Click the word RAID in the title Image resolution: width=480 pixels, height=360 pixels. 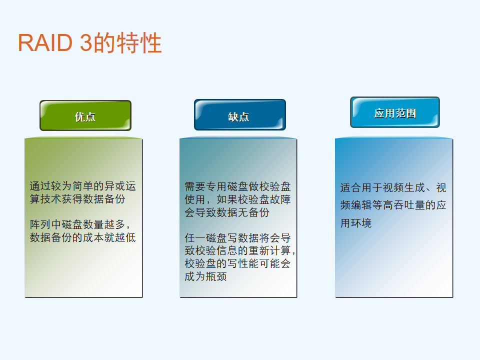point(45,42)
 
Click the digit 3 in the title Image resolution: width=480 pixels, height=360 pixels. point(86,42)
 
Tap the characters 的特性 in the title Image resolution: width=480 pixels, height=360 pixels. point(127,42)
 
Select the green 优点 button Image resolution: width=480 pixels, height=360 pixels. point(85,115)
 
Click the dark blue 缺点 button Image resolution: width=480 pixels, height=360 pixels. point(240,115)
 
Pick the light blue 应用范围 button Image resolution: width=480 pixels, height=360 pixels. point(395,112)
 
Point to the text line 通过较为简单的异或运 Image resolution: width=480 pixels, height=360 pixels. point(82,186)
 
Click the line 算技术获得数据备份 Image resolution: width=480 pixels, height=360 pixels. point(77,199)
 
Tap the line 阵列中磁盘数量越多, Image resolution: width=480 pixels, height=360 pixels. point(80,224)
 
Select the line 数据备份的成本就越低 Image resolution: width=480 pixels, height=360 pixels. point(82,237)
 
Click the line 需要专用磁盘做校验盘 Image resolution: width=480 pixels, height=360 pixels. point(237,186)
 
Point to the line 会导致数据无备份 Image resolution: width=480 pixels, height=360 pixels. point(227,212)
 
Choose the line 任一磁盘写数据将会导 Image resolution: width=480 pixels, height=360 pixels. point(237,238)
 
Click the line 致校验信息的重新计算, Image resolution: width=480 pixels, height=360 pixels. point(240,250)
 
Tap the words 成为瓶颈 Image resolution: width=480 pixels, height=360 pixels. point(205,276)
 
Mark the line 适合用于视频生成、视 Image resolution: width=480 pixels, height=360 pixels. point(393,187)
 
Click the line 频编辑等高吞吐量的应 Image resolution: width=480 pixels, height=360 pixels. point(393,205)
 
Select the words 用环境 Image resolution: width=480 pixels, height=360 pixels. point(355,223)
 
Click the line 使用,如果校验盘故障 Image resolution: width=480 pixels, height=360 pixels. point(237,199)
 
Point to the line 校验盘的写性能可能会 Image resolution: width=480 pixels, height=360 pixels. point(237,263)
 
